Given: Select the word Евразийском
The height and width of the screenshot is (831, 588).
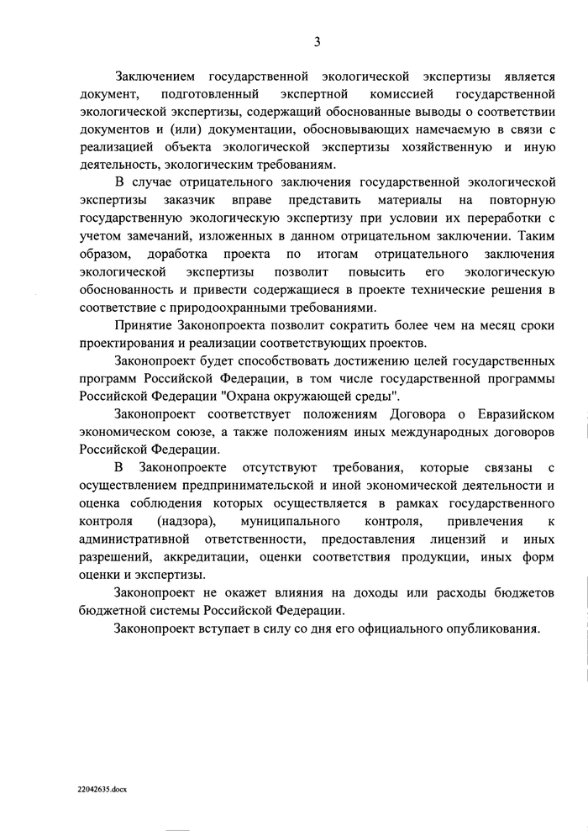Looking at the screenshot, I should [513, 413].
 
